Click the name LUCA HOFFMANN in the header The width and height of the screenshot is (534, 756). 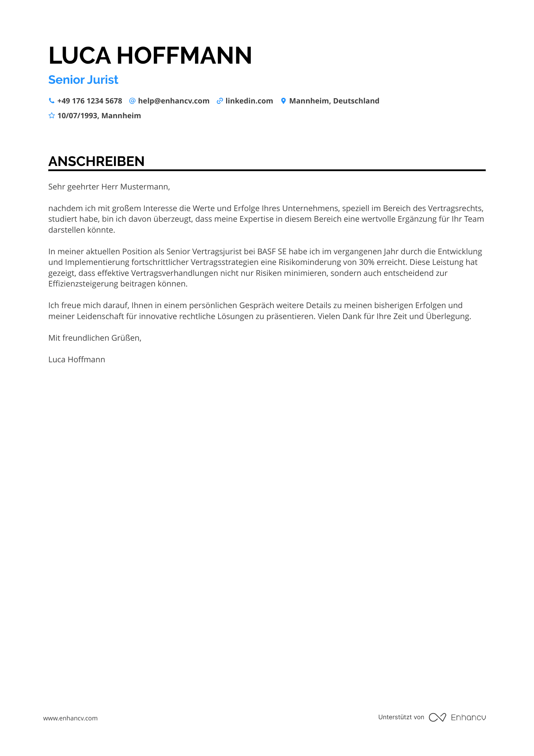point(150,55)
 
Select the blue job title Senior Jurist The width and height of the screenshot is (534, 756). point(83,80)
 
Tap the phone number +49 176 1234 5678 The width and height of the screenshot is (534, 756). point(90,101)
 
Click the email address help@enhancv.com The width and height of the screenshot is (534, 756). point(173,101)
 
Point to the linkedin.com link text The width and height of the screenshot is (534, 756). point(249,101)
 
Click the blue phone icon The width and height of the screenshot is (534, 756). point(52,101)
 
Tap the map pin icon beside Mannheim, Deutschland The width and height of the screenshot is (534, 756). point(283,101)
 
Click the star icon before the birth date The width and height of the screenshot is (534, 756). point(52,116)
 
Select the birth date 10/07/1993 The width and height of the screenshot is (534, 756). point(78,116)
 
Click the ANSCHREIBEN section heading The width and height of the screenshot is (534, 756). point(96,161)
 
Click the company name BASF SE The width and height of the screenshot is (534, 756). point(272,252)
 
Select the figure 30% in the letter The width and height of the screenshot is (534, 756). point(366,262)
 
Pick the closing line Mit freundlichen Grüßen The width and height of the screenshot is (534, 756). point(95,338)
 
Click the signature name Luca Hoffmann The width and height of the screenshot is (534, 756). point(77,360)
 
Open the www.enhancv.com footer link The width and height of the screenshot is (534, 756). point(70,718)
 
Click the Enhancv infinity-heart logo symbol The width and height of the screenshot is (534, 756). point(437,717)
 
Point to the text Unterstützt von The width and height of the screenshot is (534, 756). point(401,717)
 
